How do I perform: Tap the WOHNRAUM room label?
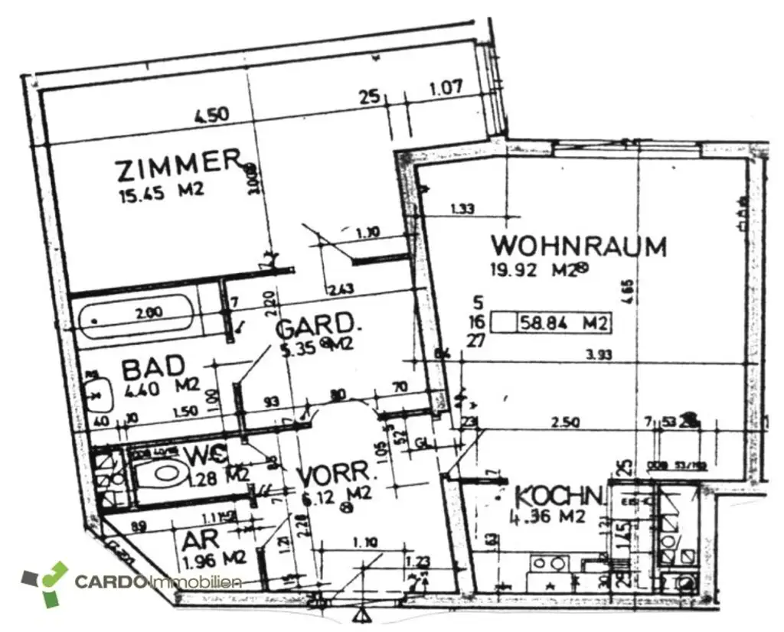(578, 246)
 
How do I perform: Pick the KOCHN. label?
(560, 496)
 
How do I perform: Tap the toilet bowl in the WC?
(164, 471)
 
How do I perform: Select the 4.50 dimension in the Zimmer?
(211, 116)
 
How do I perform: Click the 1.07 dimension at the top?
(445, 87)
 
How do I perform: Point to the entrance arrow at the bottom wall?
(360, 614)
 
